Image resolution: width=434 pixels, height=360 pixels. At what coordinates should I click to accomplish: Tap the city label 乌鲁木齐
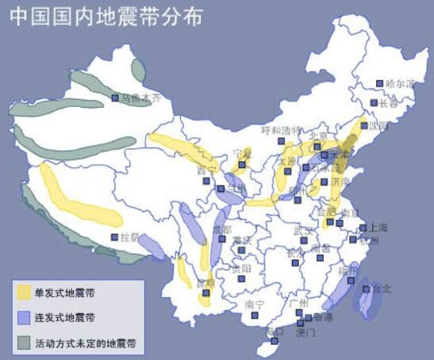point(140,98)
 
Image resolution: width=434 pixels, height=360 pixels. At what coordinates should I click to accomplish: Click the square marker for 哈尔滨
point(380,83)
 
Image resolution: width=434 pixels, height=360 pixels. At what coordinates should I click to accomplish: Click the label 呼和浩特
point(281,130)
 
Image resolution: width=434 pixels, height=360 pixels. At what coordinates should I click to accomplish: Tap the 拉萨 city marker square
point(113,237)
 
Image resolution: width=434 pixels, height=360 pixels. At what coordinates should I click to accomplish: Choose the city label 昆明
point(205,282)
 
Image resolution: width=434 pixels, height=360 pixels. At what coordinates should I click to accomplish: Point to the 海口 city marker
point(275,343)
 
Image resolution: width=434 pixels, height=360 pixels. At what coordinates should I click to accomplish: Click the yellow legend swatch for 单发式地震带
point(25,293)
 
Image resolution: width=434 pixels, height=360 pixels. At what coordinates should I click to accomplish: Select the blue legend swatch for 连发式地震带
point(25,318)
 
